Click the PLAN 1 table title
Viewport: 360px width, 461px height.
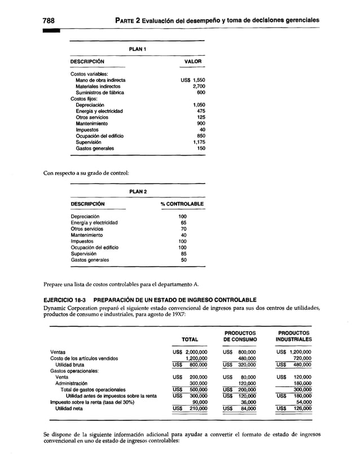click(x=138, y=49)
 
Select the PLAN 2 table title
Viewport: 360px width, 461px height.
click(x=138, y=192)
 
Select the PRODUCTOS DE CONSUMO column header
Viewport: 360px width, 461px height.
click(x=240, y=336)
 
